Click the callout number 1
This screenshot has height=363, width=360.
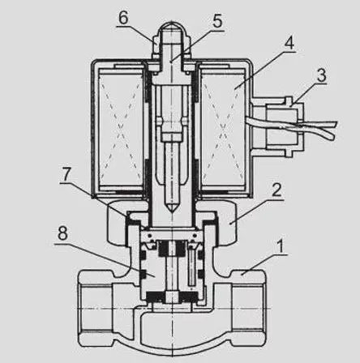pos(281,247)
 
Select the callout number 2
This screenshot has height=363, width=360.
pos(276,190)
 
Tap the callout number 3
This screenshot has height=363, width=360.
pos(321,75)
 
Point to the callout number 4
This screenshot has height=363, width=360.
pos(289,43)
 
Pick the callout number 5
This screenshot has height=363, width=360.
pos(217,21)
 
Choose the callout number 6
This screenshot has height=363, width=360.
pos(123,18)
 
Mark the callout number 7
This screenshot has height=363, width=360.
pos(66,174)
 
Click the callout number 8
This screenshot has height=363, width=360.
pos(62,233)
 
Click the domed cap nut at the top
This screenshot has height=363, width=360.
pos(172,41)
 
